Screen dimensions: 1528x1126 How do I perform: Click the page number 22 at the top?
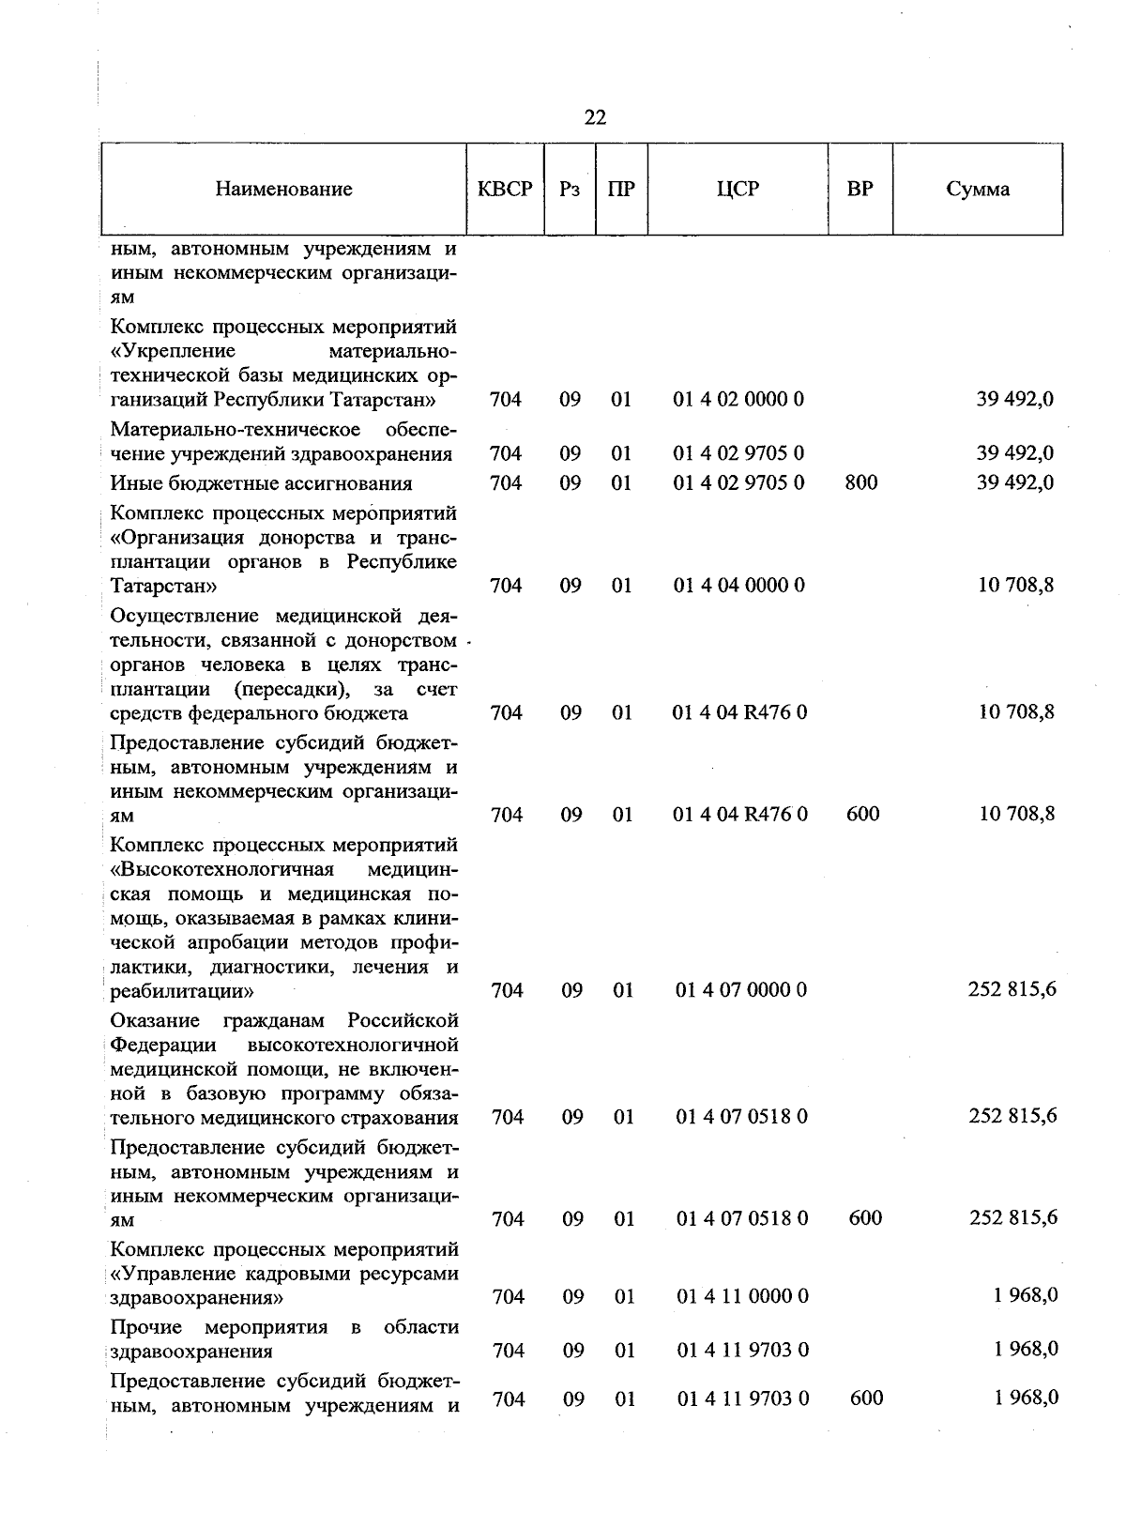tap(595, 117)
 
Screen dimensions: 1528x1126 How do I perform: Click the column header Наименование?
tap(283, 189)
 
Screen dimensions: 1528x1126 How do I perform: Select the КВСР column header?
tap(505, 189)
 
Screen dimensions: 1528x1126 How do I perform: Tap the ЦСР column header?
tap(738, 189)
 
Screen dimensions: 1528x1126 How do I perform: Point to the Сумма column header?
tap(978, 189)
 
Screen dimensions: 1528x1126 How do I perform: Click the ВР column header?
tap(860, 189)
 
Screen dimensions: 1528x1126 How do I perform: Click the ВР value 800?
tap(861, 482)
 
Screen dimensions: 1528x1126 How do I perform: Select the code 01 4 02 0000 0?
tap(738, 399)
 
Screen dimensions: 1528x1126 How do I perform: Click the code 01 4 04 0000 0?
tap(738, 586)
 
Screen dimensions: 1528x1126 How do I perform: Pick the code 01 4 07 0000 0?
tap(741, 990)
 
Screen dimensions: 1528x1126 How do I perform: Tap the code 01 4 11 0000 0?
tap(742, 1296)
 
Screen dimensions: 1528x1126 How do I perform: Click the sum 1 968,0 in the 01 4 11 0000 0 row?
tap(1027, 1295)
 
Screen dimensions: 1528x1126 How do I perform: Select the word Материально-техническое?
tap(236, 430)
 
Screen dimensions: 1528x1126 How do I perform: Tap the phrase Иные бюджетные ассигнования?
tap(261, 483)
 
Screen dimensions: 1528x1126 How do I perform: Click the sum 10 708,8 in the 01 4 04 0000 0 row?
tap(1016, 586)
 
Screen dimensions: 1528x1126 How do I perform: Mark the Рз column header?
tap(570, 189)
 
